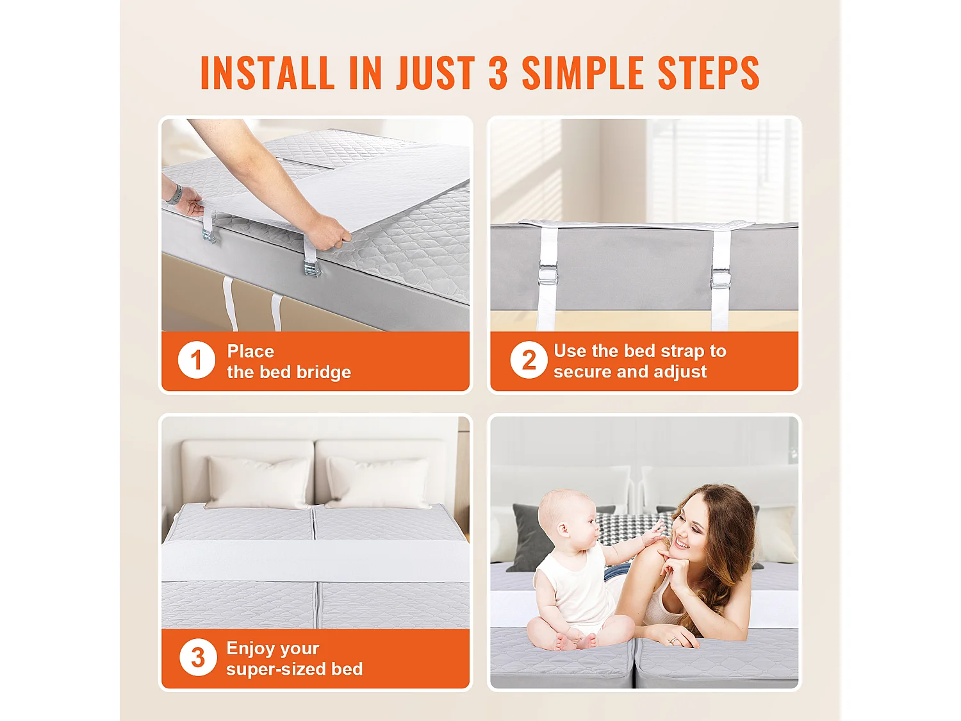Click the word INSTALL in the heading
268,72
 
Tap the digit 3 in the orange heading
498,72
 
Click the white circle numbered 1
196,360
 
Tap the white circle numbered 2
529,360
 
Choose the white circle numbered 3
198,657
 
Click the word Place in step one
251,351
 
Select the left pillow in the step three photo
259,483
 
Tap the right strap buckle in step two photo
721,278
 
